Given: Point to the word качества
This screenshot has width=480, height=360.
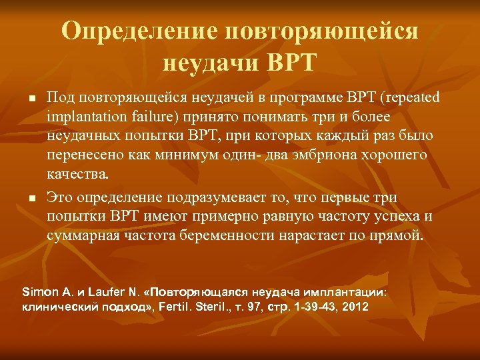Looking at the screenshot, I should coord(77,175).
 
